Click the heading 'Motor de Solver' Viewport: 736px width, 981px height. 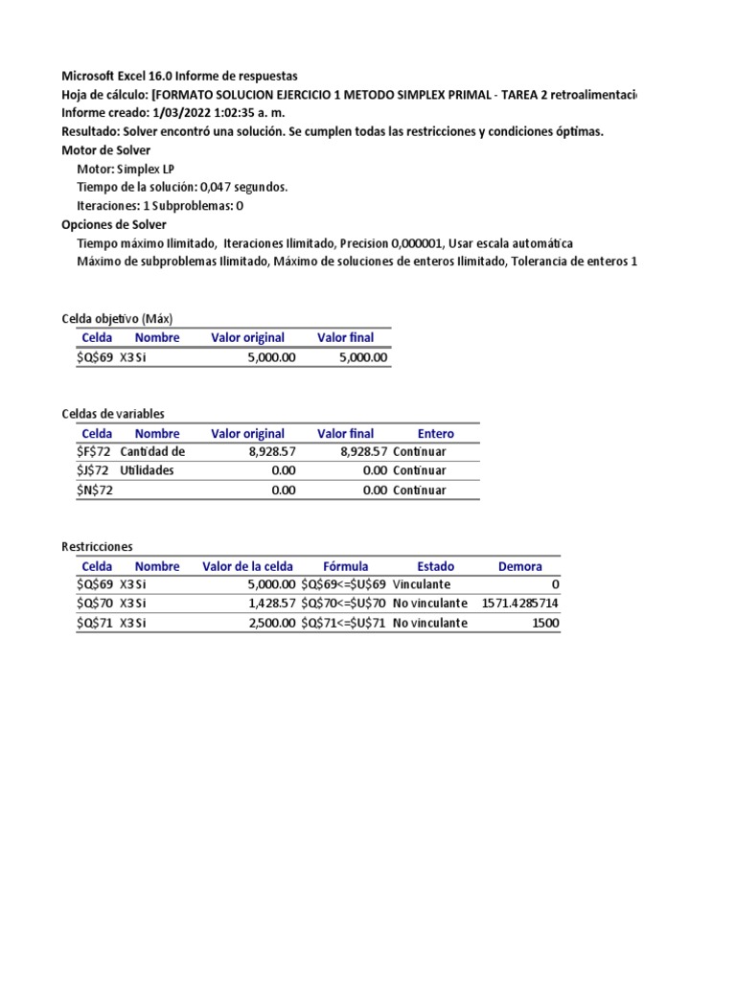coord(105,150)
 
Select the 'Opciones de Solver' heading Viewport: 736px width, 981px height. coord(113,224)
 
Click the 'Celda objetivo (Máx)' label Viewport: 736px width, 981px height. coord(116,318)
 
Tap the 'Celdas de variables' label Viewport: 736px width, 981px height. coord(113,413)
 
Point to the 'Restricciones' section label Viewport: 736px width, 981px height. coord(98,546)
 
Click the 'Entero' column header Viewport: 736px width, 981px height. coord(436,433)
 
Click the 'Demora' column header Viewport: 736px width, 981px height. coord(519,566)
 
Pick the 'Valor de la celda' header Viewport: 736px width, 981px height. coord(248,566)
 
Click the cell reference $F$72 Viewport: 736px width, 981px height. coord(94,452)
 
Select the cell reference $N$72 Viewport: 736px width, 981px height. coord(94,490)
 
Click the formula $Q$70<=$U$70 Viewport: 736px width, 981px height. coord(344,604)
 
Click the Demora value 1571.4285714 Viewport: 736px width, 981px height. coord(519,604)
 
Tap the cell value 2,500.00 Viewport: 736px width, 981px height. coord(270,623)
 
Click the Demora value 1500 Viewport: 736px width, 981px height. coord(543,623)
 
